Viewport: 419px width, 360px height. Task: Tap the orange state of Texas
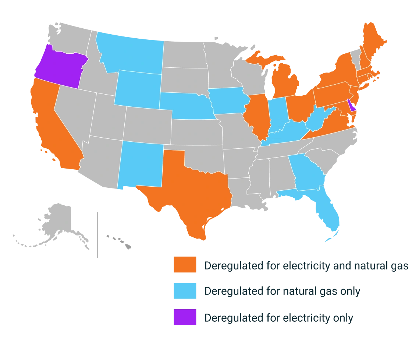(188, 191)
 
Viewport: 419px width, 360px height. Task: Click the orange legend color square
(185, 265)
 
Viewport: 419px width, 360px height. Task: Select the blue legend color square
(185, 291)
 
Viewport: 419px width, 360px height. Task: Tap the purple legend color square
(185, 317)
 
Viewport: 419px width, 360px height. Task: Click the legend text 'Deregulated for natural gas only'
(282, 291)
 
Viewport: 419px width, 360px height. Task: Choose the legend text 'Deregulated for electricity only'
(278, 318)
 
